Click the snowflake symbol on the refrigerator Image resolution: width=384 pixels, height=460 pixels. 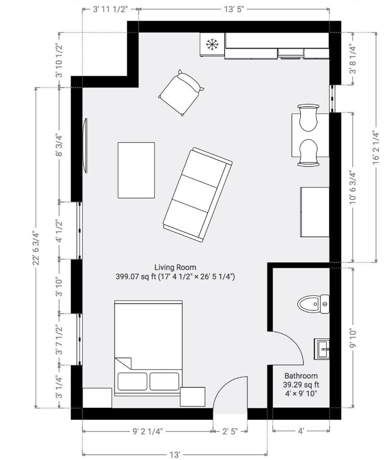(x=212, y=44)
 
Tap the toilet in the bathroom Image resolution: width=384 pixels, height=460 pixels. (x=313, y=304)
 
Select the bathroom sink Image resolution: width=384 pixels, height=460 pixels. (x=322, y=349)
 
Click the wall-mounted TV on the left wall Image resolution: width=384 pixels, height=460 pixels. (x=85, y=146)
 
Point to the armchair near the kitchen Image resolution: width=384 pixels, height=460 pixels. (x=182, y=93)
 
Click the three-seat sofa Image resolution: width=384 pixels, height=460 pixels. (x=197, y=195)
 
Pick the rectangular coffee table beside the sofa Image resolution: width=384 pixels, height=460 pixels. (x=136, y=170)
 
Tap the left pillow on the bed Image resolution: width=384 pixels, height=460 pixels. (x=132, y=381)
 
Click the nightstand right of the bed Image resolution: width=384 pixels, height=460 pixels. (x=193, y=397)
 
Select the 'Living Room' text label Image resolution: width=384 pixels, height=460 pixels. (x=175, y=267)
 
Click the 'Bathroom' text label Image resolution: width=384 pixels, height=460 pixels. (x=301, y=376)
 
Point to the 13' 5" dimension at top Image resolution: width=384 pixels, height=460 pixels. (x=234, y=9)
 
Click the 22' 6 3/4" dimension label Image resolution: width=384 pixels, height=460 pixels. (x=36, y=248)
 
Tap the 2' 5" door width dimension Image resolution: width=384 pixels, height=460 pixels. (x=230, y=431)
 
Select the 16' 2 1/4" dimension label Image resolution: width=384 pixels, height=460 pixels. (x=376, y=147)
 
